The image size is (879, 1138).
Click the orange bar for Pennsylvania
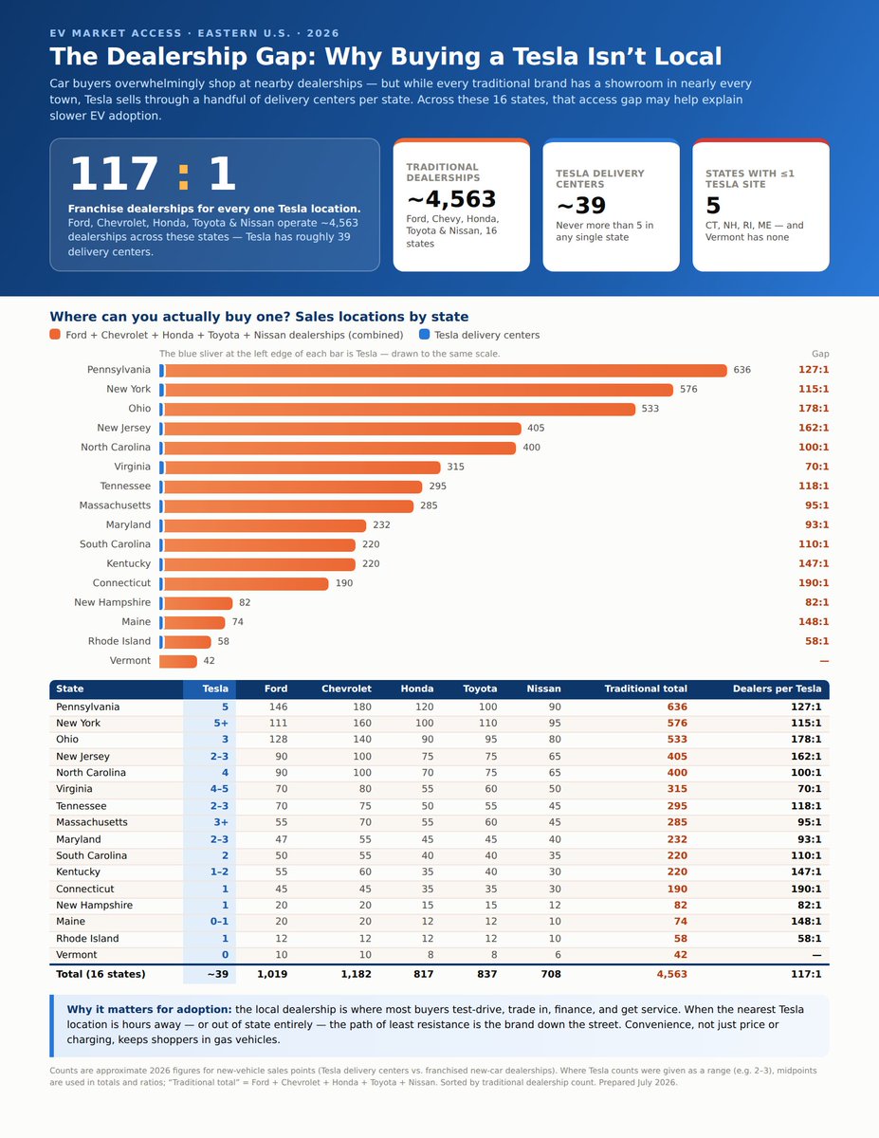point(445,370)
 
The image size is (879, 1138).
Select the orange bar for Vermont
point(178,661)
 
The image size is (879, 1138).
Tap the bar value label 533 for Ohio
point(650,409)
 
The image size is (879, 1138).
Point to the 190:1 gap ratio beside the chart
point(814,583)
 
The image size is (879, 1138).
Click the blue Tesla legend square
point(425,335)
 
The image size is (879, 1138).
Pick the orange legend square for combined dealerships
point(55,335)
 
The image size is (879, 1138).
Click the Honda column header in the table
point(416,688)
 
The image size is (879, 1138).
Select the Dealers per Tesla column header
point(777,688)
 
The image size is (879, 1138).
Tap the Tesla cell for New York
point(220,724)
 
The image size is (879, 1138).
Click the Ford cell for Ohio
point(278,740)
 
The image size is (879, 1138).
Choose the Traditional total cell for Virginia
point(677,789)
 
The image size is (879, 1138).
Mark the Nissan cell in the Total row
point(551,974)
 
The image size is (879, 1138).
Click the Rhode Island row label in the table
point(87,939)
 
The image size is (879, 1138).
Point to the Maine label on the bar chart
point(137,621)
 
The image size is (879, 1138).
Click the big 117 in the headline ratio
point(114,174)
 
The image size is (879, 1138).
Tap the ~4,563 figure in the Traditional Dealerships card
point(451,199)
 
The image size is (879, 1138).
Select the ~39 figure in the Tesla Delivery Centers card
point(580,205)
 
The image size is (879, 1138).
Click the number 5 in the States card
point(712,205)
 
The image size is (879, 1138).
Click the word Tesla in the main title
point(545,57)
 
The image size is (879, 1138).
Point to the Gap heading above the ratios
point(820,354)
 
